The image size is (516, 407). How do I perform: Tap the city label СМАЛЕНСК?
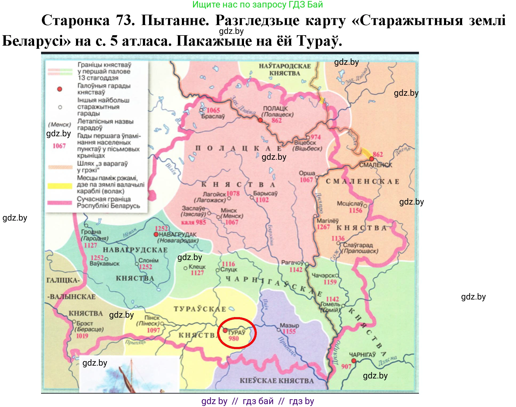click(x=375, y=165)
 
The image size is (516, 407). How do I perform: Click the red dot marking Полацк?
click(x=260, y=120)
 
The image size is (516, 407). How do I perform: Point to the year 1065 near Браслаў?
click(x=213, y=110)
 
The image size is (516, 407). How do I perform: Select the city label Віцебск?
click(x=305, y=143)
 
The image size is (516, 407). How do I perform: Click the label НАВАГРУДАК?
click(x=178, y=234)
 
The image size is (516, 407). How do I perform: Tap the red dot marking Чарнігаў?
click(x=354, y=361)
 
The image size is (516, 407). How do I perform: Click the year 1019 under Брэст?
click(x=82, y=336)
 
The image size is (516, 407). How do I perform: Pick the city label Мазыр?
click(x=289, y=326)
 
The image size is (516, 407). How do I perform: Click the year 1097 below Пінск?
click(x=153, y=330)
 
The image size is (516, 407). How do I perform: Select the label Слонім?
click(x=148, y=260)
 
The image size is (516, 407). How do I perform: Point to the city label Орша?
click(x=307, y=173)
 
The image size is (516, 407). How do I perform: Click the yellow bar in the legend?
click(x=60, y=186)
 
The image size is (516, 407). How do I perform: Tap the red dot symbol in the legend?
click(x=60, y=89)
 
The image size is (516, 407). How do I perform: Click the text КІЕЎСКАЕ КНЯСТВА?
click(x=277, y=381)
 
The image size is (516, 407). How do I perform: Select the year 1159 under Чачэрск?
click(x=330, y=282)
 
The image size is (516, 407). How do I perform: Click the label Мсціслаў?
click(x=350, y=204)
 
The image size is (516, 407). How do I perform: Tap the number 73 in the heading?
click(x=125, y=20)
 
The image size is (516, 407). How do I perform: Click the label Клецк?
click(x=197, y=267)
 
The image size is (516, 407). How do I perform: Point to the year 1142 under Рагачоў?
click(x=296, y=270)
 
